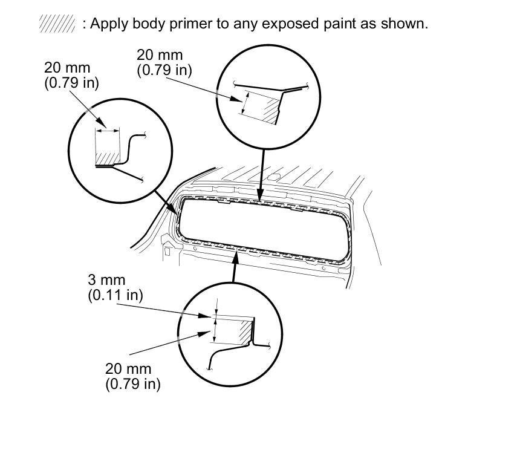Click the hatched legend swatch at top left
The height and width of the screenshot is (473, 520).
57,24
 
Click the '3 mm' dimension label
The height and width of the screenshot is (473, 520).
106,280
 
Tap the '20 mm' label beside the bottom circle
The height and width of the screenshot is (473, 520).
128,368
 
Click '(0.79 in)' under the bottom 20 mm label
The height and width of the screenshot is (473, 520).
133,383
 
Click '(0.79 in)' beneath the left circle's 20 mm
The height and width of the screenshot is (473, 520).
71,83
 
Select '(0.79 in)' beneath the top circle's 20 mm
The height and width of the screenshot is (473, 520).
164,70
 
